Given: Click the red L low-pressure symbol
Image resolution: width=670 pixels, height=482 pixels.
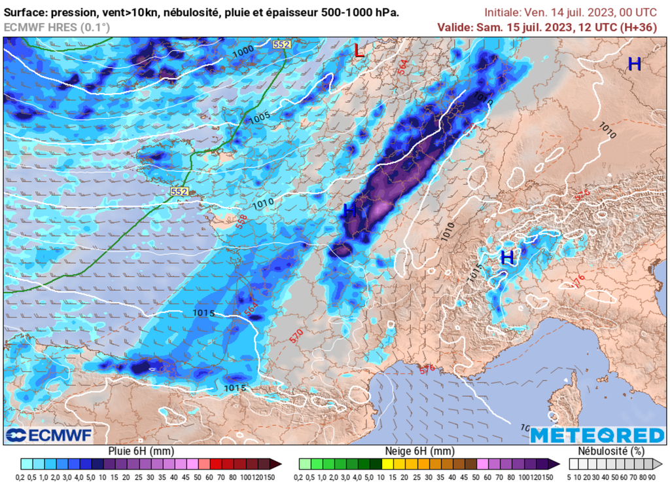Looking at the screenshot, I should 359,50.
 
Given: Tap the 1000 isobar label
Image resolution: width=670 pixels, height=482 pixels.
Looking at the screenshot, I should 243,51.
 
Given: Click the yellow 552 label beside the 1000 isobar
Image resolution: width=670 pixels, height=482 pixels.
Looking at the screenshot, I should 281,44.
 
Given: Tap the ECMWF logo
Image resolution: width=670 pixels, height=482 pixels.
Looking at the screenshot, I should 49,435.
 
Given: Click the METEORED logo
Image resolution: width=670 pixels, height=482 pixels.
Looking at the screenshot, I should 597,436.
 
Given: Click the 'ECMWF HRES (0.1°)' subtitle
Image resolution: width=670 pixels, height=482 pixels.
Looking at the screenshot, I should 57,27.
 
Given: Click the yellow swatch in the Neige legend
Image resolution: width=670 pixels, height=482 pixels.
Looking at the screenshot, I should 387,464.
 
